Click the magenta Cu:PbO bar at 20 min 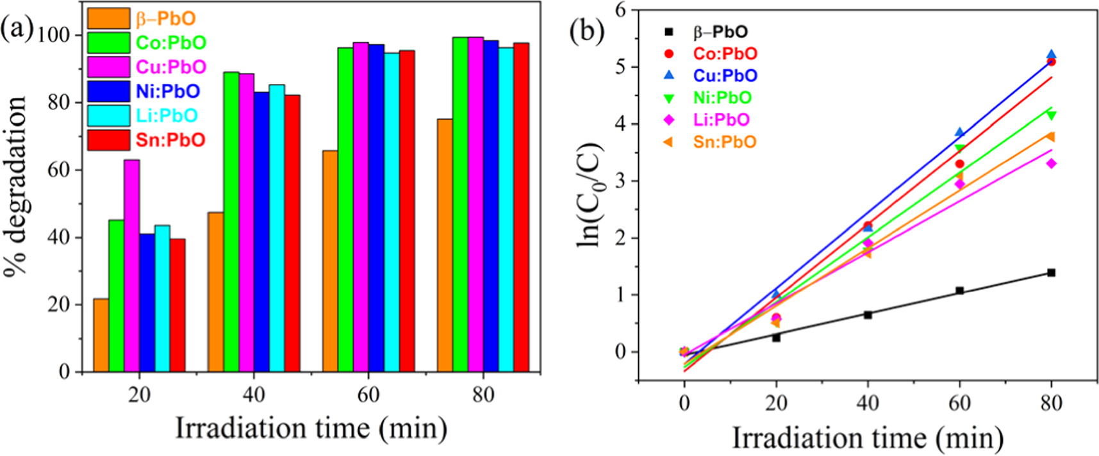(x=131, y=266)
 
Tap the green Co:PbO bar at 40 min (x=231, y=222)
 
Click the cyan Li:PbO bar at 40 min (x=277, y=228)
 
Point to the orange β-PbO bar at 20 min (x=101, y=335)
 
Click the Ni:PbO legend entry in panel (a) (x=167, y=91)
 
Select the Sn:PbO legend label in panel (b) (x=725, y=142)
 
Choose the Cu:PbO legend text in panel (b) (x=725, y=76)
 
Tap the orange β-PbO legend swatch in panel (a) (x=108, y=18)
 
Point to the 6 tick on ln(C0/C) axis (x=619, y=10)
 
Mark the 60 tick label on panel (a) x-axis (x=368, y=395)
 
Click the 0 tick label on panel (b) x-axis (x=684, y=403)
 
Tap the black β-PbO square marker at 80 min (x=1051, y=273)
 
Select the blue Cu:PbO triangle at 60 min (x=959, y=132)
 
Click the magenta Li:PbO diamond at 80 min (x=1051, y=164)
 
